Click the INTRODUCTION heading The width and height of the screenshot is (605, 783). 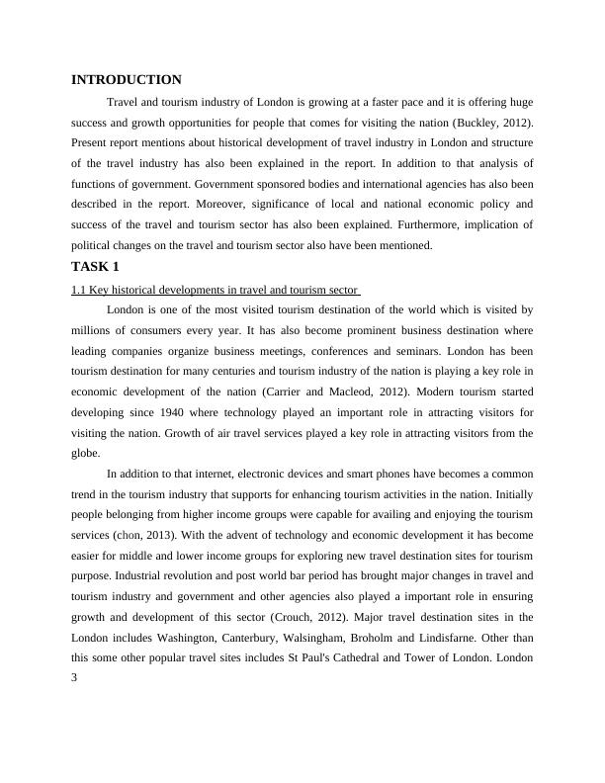tap(127, 80)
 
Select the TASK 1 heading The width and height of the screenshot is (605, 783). tap(96, 267)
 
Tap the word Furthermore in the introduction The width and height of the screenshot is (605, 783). tap(462, 225)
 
